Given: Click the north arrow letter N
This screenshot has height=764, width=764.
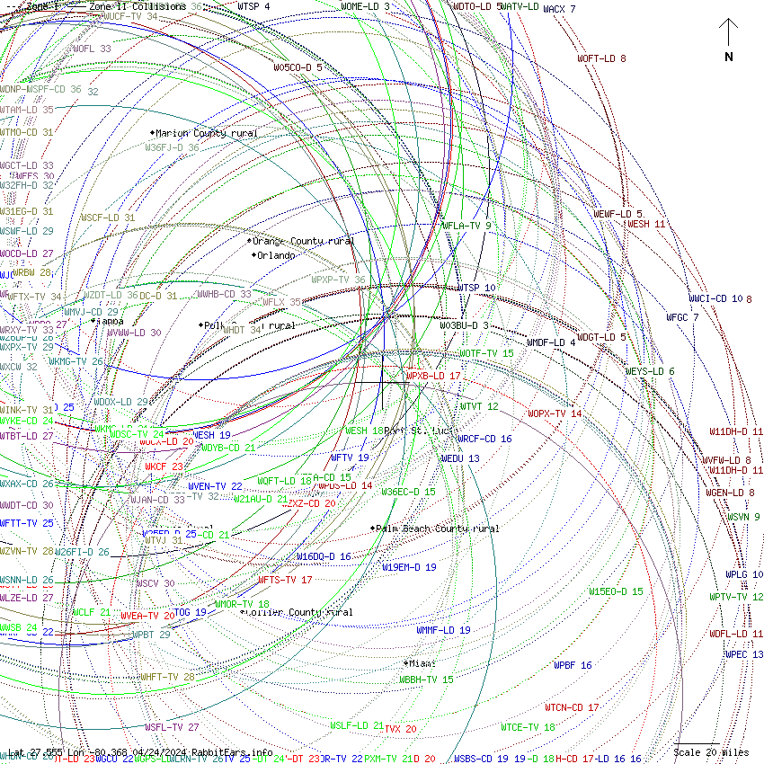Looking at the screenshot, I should pos(729,57).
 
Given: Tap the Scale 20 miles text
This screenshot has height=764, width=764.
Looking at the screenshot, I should pos(711,752).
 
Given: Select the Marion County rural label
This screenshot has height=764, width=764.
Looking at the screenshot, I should pos(206,133).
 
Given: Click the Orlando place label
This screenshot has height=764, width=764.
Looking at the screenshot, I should pos(275,255).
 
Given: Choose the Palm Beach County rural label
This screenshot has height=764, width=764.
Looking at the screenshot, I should pos(437,529).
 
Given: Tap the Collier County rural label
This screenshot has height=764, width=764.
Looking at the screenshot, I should pos(298,613).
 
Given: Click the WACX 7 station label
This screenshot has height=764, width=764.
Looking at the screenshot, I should pos(559,9).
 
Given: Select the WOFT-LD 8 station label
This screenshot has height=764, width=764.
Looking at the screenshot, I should pos(601,58).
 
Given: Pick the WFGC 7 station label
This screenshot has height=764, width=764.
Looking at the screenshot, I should pos(682,317).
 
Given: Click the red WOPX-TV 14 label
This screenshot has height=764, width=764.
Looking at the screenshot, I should pos(555,413).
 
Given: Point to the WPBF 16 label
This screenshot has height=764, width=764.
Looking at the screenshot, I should pos(573,665).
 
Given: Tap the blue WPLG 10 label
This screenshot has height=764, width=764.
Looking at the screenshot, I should pos(744,574).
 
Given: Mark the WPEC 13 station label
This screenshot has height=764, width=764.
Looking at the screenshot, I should pos(744,654).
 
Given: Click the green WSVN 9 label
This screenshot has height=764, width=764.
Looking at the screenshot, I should pos(743,517).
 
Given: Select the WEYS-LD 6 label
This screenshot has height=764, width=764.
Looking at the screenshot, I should pos(650,371).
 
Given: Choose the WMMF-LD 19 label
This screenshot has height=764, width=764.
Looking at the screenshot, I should pos(443,631).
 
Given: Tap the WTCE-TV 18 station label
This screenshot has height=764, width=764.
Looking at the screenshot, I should pos(528,727).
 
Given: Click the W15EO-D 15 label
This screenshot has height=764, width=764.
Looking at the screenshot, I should pos(616,591).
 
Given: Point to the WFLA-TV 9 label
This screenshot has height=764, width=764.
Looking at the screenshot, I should pos(466,226).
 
